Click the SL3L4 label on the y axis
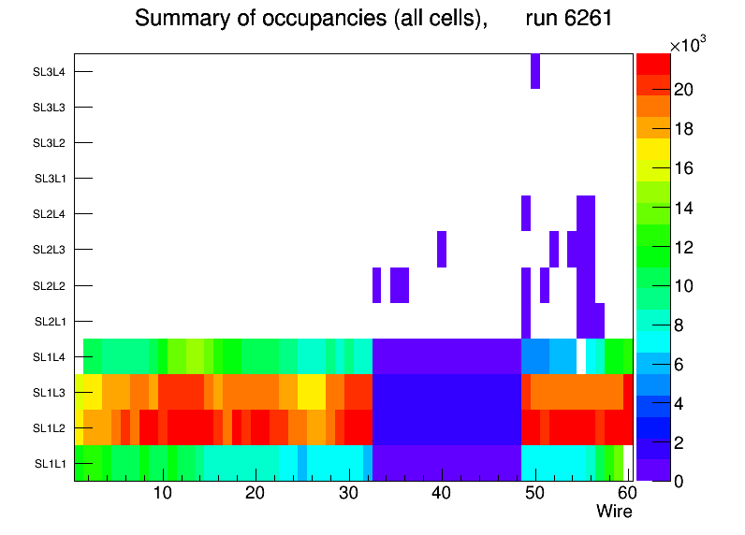pyautogui.click(x=49, y=71)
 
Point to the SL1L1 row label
pyautogui.click(x=51, y=463)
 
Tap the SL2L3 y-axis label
pyautogui.click(x=49, y=249)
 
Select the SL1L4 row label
pyautogui.click(x=51, y=356)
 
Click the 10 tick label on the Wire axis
pyautogui.click(x=163, y=494)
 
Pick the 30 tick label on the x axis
pyautogui.click(x=349, y=494)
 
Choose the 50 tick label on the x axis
pyautogui.click(x=534, y=494)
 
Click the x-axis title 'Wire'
pyautogui.click(x=614, y=512)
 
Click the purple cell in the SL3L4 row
pyautogui.click(x=535, y=71)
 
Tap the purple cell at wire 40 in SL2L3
pyautogui.click(x=442, y=249)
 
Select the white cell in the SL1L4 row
pyautogui.click(x=581, y=356)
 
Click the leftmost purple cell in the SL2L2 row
pyautogui.click(x=377, y=284)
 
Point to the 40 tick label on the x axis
pyautogui.click(x=442, y=494)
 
